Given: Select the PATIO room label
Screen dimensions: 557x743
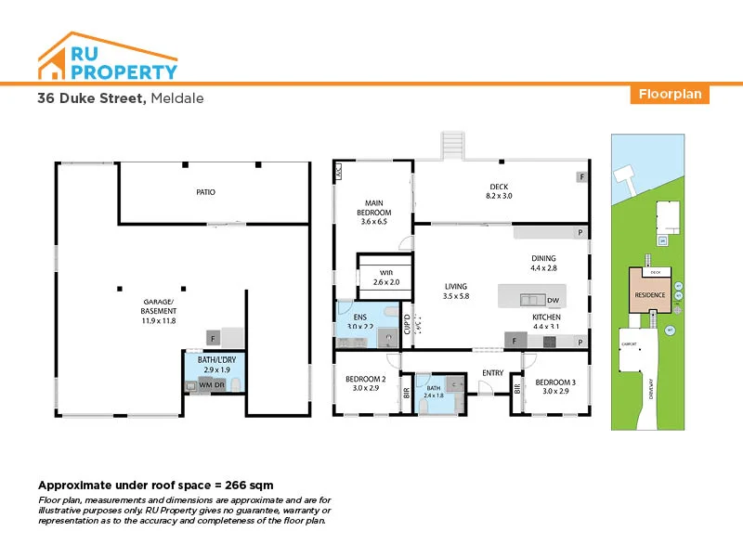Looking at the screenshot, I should point(205,192).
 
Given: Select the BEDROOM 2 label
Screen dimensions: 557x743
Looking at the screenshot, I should point(365,379).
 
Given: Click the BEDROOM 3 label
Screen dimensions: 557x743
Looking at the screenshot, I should point(555,382).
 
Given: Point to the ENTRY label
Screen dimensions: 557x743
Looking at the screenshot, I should point(491,373).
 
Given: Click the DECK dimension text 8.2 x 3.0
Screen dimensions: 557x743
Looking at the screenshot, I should point(499,197).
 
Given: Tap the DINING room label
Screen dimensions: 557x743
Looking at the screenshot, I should point(543,258).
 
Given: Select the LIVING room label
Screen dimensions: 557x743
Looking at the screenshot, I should point(455,286).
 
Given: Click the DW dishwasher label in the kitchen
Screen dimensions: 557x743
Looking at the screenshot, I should point(553,300).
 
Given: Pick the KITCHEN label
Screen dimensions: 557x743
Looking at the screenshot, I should point(546,317).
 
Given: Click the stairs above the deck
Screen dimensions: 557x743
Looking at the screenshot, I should point(451,145).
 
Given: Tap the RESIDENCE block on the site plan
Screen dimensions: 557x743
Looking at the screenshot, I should point(649,294).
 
